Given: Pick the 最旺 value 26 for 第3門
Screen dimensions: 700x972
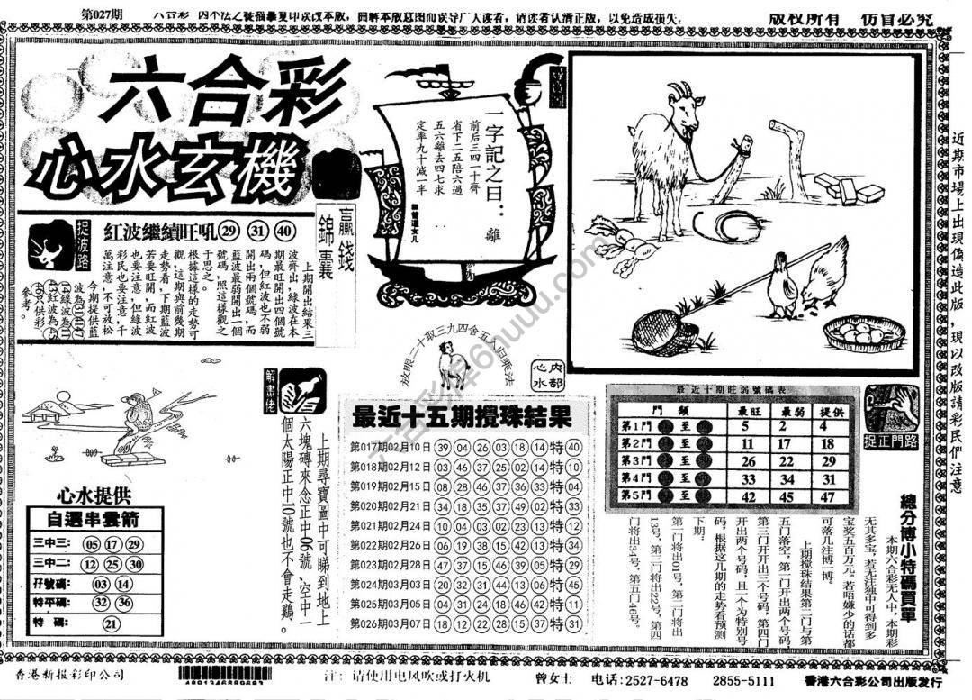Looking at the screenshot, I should point(746,460).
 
